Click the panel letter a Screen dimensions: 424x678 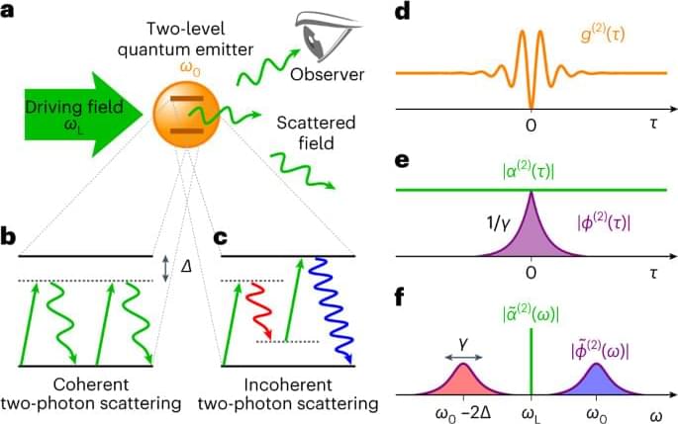pos(11,13)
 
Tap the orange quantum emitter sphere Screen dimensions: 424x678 pos(185,116)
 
